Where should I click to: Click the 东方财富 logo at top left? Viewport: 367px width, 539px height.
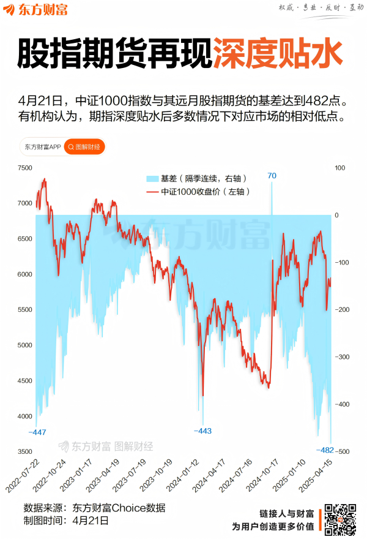tap(36, 10)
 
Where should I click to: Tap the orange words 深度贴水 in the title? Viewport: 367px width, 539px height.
tap(276, 54)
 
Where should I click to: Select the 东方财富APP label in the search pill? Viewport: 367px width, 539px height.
tap(43, 147)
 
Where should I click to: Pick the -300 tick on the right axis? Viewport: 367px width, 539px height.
tap(341, 357)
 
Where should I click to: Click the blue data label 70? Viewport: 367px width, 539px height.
tap(272, 176)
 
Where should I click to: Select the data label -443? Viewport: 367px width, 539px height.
tap(202, 431)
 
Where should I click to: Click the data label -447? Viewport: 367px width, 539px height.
tap(37, 432)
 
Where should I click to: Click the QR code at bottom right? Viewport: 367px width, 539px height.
tap(339, 519)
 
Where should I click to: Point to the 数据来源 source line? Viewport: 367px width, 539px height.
tap(94, 508)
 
